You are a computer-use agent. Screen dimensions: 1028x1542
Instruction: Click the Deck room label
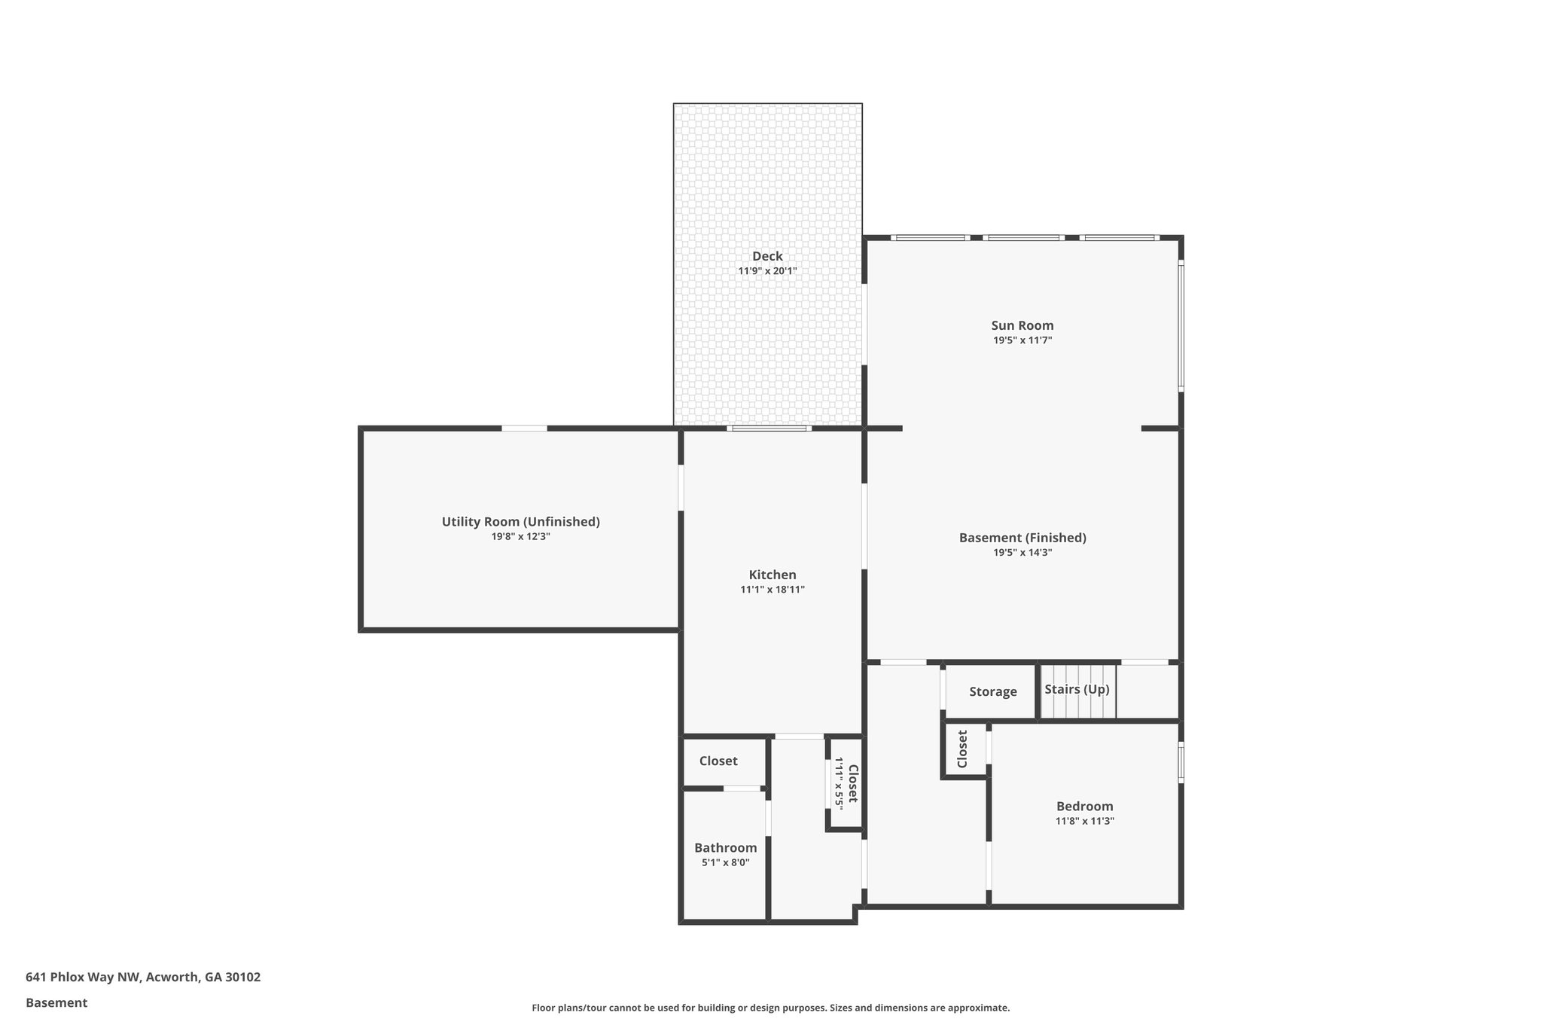click(767, 256)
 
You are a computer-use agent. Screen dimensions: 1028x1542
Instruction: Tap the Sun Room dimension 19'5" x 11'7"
click(1022, 340)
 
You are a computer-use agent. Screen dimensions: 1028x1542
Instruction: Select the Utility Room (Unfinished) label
click(520, 521)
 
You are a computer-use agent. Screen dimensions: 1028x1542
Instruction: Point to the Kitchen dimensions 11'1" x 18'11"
click(772, 590)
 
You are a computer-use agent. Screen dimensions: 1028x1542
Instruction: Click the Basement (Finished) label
click(1022, 538)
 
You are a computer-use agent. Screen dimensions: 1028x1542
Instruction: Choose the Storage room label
click(992, 691)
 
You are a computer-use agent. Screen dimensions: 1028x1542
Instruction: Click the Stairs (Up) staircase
click(1077, 691)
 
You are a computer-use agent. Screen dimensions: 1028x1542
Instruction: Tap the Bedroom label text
click(1084, 806)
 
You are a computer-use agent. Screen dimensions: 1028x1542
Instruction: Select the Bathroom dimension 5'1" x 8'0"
click(725, 863)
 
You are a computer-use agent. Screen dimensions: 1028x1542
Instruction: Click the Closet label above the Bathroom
click(718, 761)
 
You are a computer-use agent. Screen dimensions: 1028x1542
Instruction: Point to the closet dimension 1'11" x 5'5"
click(838, 783)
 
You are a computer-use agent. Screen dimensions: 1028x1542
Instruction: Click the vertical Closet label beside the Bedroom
click(962, 749)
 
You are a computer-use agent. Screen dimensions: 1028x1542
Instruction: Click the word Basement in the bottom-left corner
click(56, 1002)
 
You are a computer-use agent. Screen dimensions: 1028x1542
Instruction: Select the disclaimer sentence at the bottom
click(770, 1008)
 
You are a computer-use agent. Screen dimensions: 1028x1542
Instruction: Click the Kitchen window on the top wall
click(769, 429)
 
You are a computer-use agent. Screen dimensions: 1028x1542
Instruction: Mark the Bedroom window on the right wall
click(1181, 762)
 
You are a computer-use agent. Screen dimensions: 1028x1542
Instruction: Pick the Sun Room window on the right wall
click(1181, 326)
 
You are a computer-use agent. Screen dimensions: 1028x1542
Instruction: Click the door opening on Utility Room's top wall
click(524, 429)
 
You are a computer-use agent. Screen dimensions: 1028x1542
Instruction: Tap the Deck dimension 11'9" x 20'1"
click(767, 271)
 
